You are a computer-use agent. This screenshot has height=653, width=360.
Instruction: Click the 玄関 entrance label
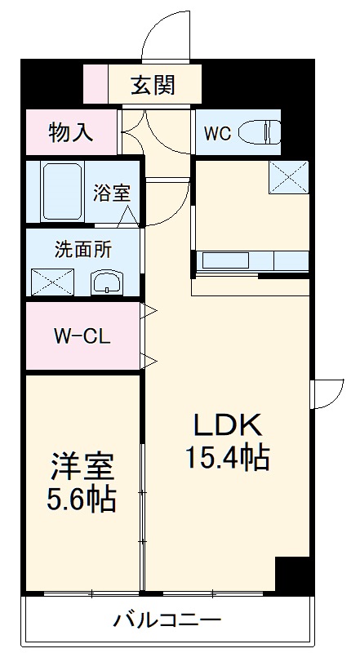coord(153,86)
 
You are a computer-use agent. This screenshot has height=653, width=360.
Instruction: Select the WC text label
coord(218,133)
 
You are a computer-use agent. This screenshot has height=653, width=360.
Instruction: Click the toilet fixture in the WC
coord(263,131)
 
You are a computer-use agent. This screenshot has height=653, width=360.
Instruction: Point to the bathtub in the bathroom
coord(61,193)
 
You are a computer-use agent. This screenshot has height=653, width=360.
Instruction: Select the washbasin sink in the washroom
coord(107,283)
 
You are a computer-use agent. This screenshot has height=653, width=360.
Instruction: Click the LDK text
coord(226,424)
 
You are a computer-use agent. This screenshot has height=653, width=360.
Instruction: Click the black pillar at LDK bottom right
coord(292,575)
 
